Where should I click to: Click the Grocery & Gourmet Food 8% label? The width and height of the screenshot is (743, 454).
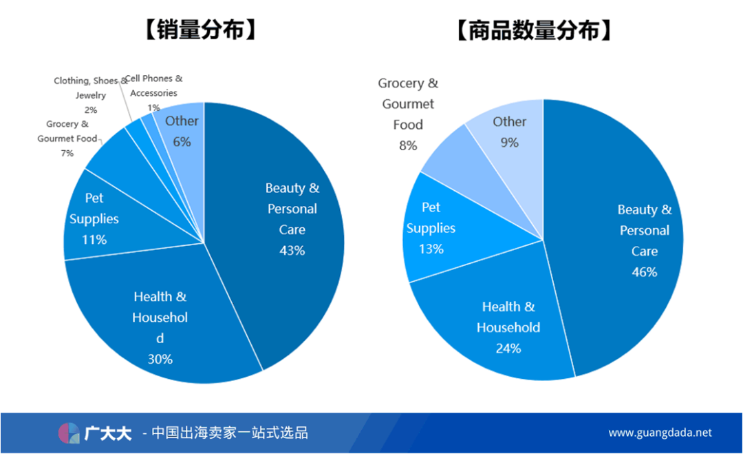pos(408,114)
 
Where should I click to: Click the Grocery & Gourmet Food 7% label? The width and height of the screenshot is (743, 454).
pos(67,138)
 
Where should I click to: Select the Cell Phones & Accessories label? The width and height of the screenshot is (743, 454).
pos(153,92)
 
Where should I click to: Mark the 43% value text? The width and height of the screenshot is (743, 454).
pos(292,250)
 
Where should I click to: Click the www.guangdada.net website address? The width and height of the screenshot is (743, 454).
pos(660,433)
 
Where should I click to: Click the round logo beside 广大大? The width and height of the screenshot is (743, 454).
pos(69,433)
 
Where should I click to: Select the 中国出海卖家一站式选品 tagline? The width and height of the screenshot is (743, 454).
pos(230,433)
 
